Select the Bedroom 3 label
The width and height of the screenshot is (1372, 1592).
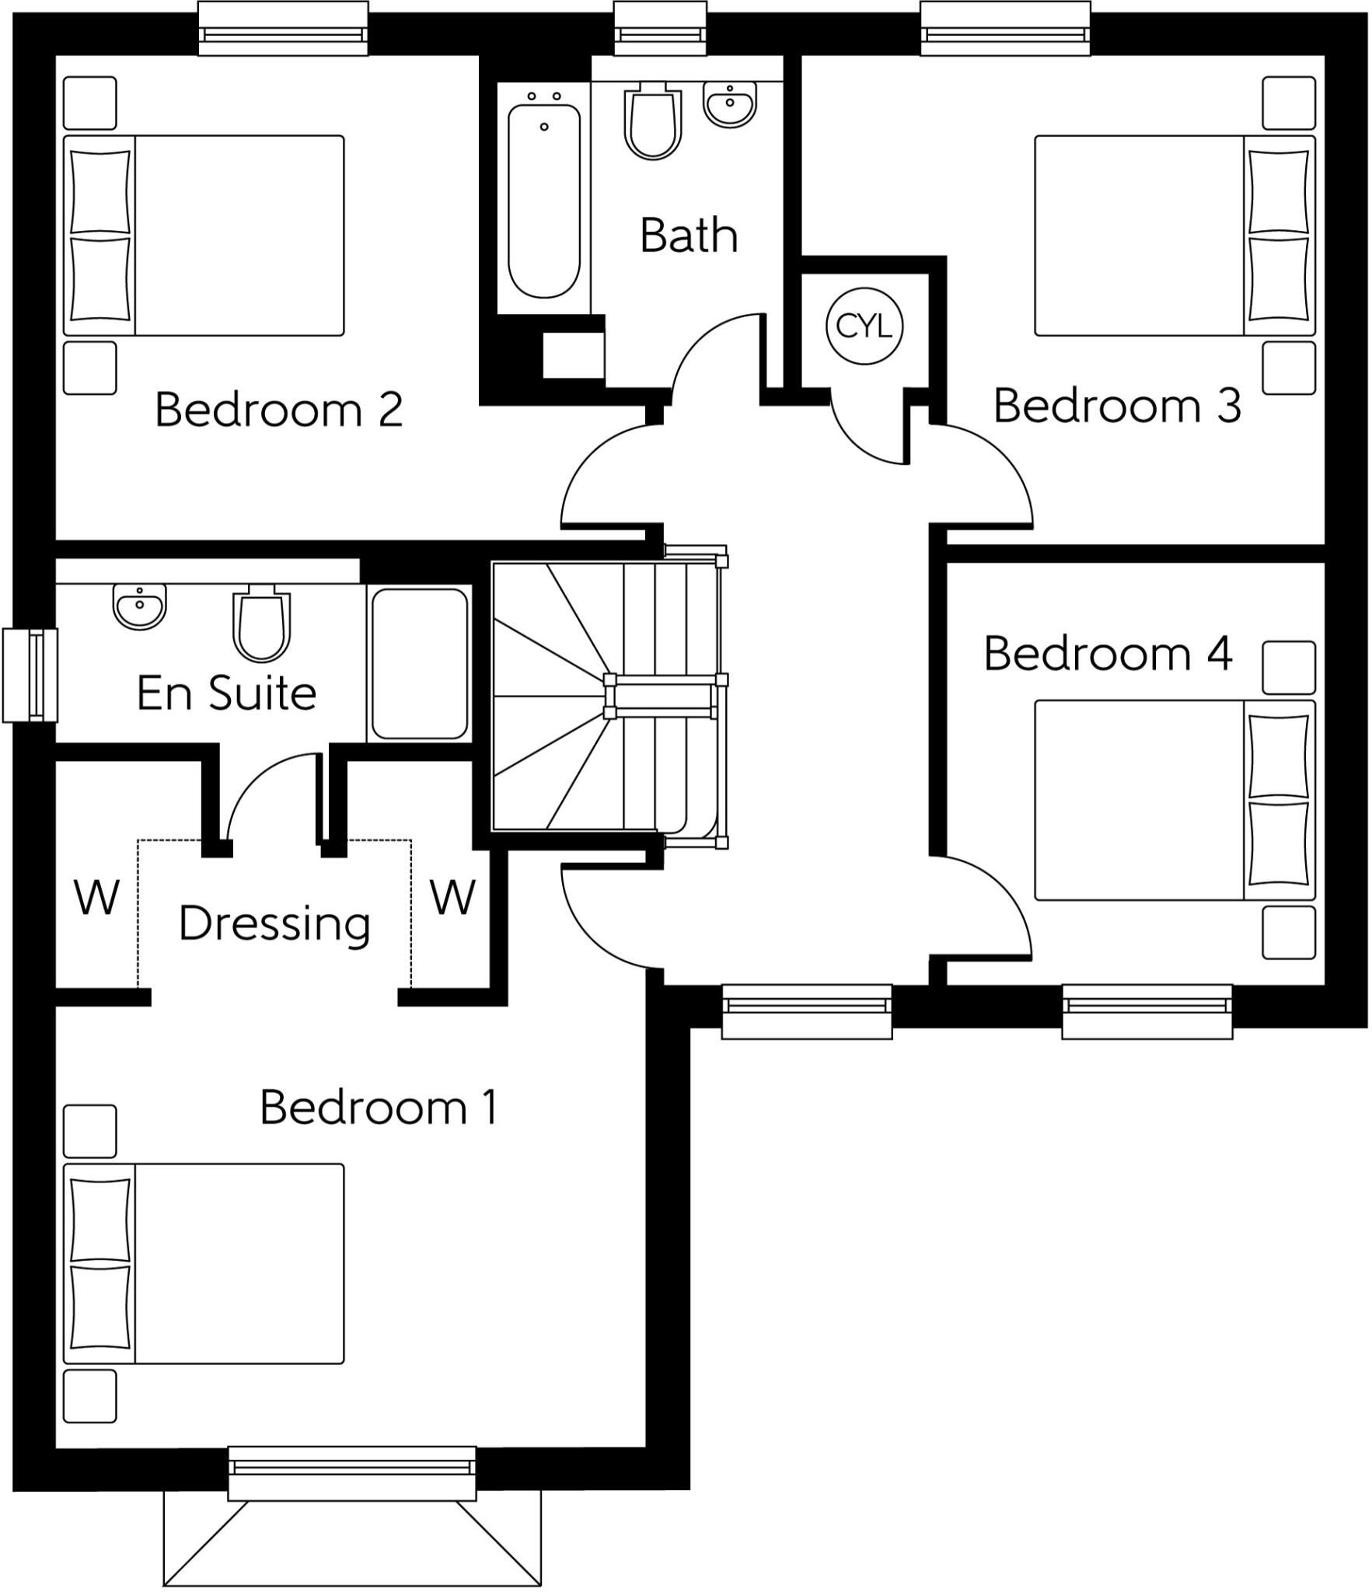[1117, 405]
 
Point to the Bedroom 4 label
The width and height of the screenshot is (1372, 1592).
[1108, 653]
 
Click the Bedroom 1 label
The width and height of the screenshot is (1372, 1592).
[379, 1107]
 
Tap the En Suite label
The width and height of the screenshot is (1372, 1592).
[227, 693]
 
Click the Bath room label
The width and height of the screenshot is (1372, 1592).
[689, 235]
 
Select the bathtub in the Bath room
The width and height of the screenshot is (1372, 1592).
[544, 198]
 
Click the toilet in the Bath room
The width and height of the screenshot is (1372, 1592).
[653, 122]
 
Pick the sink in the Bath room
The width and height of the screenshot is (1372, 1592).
[730, 104]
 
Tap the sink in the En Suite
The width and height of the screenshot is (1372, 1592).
[140, 606]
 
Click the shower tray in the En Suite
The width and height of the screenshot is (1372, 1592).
[420, 663]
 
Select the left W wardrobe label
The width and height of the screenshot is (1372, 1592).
[96, 898]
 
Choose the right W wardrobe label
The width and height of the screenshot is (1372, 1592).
[452, 898]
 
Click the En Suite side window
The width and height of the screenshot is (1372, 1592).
[30, 675]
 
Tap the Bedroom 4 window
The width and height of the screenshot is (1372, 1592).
[1147, 1011]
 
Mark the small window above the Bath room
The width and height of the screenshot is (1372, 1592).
[660, 29]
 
